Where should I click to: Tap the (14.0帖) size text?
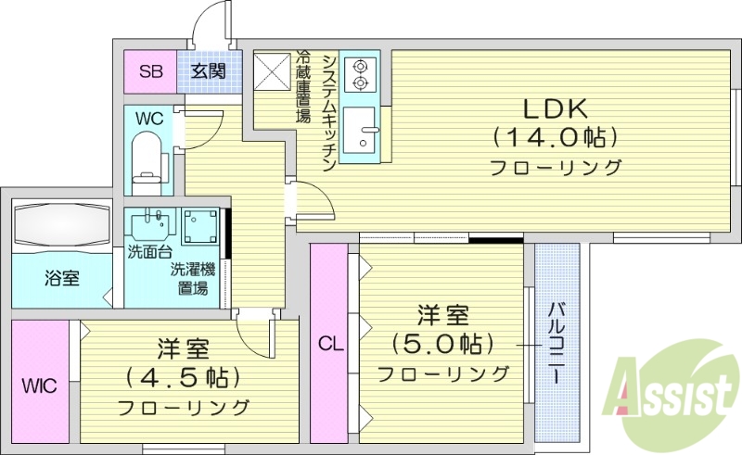(x=555, y=137)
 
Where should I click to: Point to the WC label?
(x=149, y=119)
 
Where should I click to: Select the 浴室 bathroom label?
(x=61, y=278)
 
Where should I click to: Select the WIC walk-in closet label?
(x=39, y=384)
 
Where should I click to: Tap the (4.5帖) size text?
(x=183, y=378)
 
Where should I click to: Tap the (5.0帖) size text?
(x=442, y=344)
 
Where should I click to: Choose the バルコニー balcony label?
(x=557, y=343)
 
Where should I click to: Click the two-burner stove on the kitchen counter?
(x=359, y=74)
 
